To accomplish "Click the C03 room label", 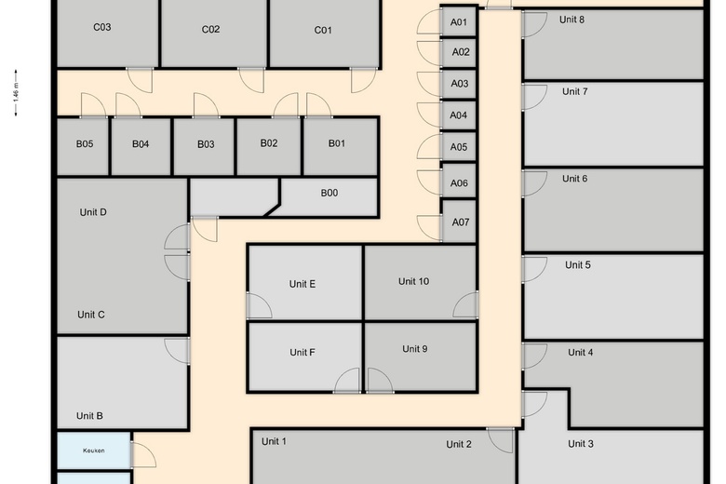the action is [101, 27].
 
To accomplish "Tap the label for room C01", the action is [323, 30].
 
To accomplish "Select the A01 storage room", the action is [458, 21].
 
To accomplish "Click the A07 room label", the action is [460, 222].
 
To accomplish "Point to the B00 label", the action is [329, 193].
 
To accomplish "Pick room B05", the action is [84, 146].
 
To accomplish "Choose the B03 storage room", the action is [204, 146].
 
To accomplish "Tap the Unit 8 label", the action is [571, 20].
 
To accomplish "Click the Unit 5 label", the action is [577, 265].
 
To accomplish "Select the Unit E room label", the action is [302, 284].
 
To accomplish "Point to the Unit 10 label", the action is [413, 281].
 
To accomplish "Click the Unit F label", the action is [302, 353].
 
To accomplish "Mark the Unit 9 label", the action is [414, 349].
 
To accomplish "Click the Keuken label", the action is [93, 450].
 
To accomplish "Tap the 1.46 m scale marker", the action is [16, 93].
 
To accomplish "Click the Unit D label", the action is [93, 212].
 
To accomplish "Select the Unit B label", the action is [89, 416].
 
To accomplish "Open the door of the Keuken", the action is [143, 455].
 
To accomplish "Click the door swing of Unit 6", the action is [535, 183].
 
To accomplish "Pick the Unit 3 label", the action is [581, 444].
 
